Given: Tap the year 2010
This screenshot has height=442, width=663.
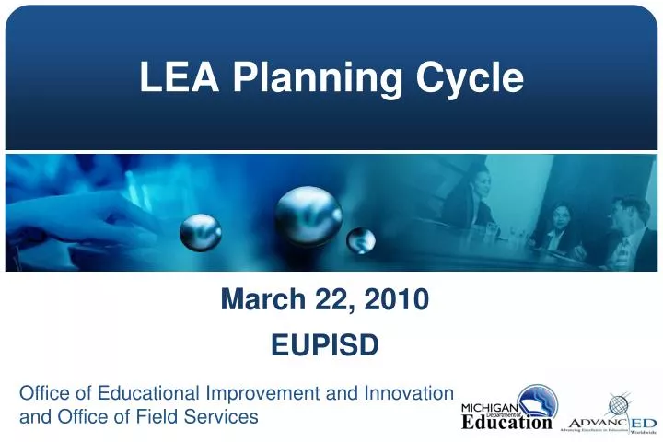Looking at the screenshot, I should (395, 299).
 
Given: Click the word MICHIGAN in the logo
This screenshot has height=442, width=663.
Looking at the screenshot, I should (489, 408).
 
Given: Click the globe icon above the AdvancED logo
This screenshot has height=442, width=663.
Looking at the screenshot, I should (618, 403).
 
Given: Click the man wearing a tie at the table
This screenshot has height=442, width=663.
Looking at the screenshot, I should (625, 230).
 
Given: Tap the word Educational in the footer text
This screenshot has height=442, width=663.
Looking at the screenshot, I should (148, 394).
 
